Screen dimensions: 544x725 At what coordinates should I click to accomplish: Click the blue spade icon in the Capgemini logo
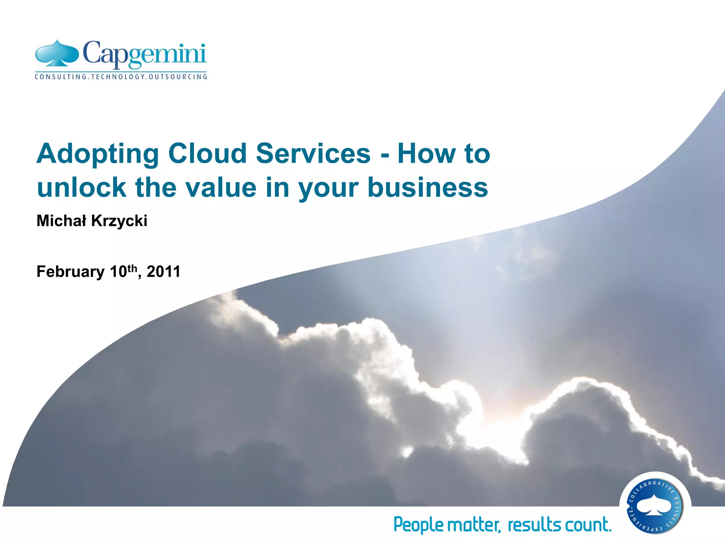tap(57, 54)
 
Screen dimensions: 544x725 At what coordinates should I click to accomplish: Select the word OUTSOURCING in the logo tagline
tap(178, 76)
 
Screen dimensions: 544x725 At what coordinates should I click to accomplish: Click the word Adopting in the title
tap(98, 154)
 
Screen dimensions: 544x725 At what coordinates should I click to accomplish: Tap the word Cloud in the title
tap(207, 153)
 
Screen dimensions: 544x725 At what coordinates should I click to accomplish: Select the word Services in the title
tap(313, 153)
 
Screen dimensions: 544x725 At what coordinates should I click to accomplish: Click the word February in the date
tap(70, 272)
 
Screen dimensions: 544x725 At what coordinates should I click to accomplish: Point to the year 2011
tap(164, 272)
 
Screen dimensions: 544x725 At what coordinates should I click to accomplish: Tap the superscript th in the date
tap(132, 268)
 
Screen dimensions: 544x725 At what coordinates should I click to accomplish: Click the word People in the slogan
tap(418, 525)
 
